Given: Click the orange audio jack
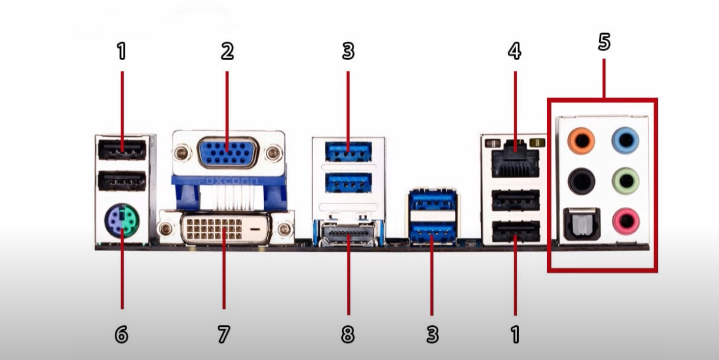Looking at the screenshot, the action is pos(581,141).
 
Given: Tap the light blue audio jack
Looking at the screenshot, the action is pos(625,141).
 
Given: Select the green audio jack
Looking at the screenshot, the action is pos(625,181).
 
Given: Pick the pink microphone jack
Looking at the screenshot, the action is pos(626,221).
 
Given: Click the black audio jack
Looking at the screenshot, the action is pos(581,181).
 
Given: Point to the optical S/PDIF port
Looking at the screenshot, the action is pos(582,224).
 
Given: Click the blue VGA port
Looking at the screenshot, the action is pos(227,153).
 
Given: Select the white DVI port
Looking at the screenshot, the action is pos(227,230).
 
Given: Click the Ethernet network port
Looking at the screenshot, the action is pos(515,159).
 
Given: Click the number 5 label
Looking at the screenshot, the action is pos(604,42).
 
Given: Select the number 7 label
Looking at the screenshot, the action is pos(224,334).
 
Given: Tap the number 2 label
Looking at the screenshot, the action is pos(227,51).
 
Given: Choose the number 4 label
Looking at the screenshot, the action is pos(514,51).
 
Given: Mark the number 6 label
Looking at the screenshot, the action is pos(121,334).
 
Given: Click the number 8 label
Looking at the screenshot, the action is pos(348,334).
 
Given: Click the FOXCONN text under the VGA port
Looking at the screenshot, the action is pos(228,181).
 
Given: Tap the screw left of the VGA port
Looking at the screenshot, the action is pos(182,153).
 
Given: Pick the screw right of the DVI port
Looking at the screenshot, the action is pos(284,229).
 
